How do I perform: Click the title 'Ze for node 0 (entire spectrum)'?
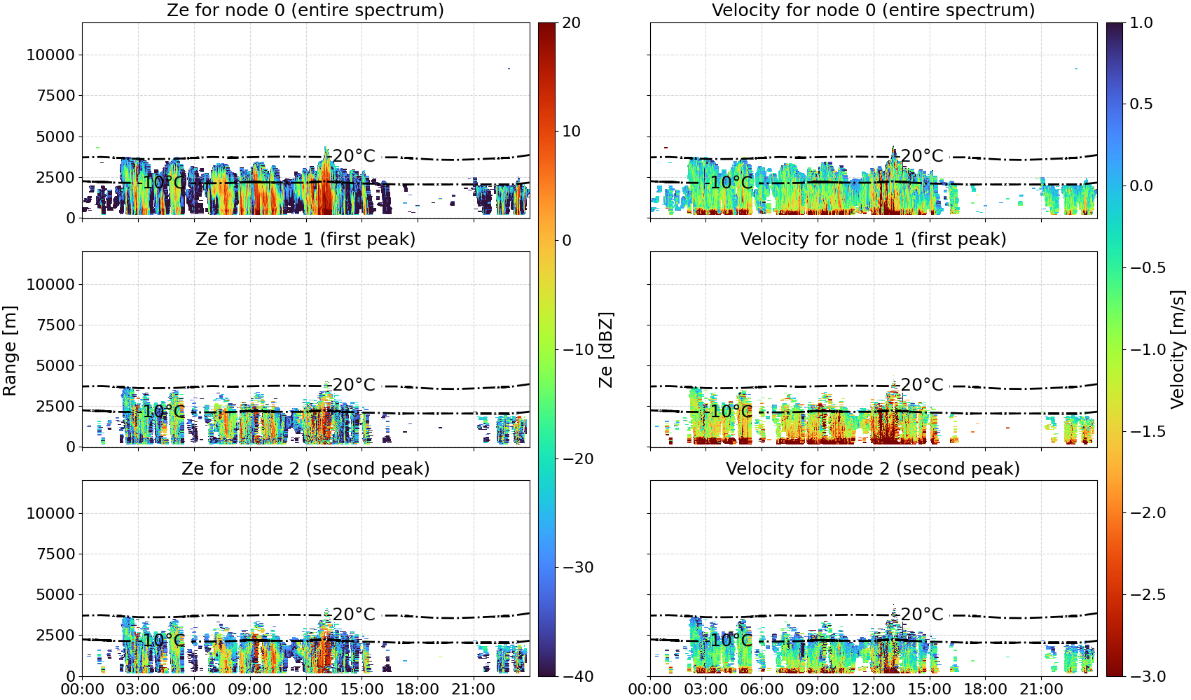[x=305, y=10]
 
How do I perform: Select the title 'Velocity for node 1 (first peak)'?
[x=873, y=239]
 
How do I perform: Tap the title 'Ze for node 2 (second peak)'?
[x=305, y=468]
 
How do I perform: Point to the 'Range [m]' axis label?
[x=10, y=350]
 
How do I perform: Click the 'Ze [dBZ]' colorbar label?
[x=605, y=349]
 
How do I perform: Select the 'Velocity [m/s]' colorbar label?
[x=1178, y=349]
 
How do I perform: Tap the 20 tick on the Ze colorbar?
[x=571, y=23]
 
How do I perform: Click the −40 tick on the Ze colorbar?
[x=577, y=676]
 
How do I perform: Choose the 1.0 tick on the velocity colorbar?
[x=1141, y=23]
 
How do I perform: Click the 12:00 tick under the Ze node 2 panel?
[x=305, y=689]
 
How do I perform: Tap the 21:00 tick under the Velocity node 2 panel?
[x=1041, y=689]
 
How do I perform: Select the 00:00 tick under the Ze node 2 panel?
[x=83, y=689]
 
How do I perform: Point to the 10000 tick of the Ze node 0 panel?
[x=51, y=55]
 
